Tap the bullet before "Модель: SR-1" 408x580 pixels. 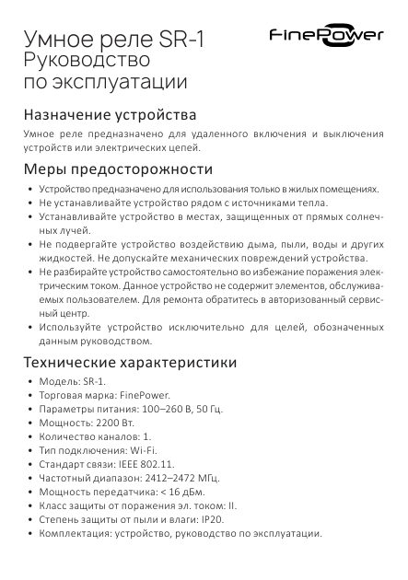click(30, 378)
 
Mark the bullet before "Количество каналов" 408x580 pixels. click(30, 437)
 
